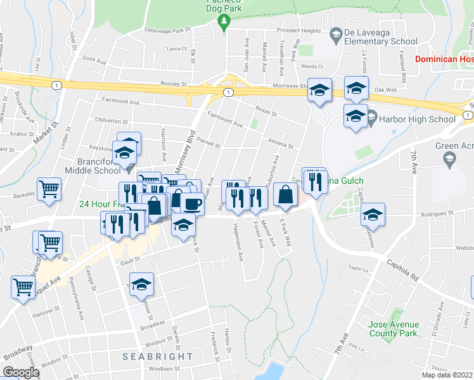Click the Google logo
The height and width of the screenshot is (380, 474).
point(21,372)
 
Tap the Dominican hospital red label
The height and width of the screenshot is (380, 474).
point(444,59)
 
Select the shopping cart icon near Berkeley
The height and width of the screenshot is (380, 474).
point(49,189)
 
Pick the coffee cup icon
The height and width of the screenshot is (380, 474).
point(192,203)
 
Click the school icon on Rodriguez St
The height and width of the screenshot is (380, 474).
point(373,215)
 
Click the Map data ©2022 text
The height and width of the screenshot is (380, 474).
point(447,375)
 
